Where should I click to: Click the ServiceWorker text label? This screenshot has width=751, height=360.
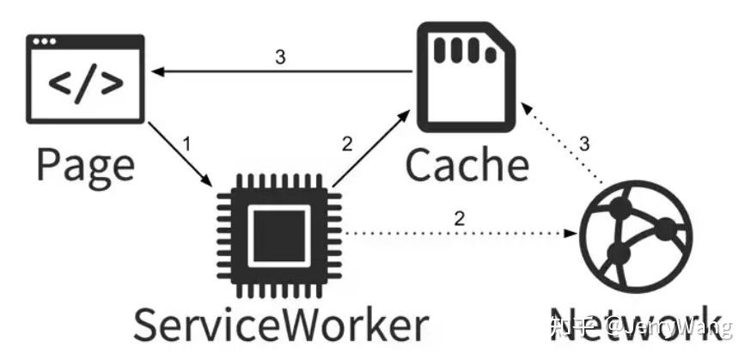click(280, 324)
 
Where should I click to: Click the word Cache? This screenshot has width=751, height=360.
click(467, 163)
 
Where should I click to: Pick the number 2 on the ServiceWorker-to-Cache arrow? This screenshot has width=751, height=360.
click(347, 143)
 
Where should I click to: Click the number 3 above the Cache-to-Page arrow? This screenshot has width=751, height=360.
click(280, 57)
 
